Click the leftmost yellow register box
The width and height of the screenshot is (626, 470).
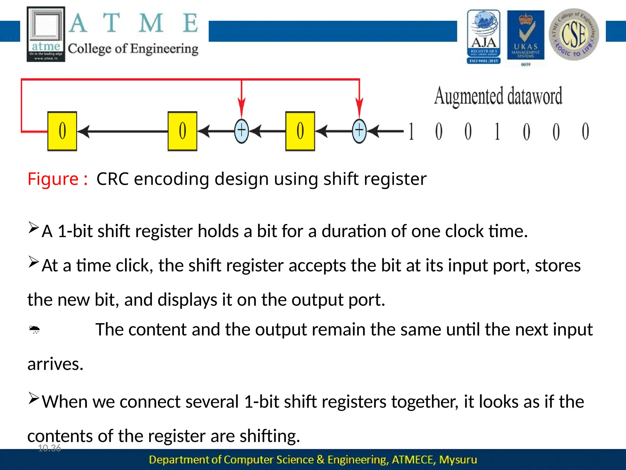click(x=62, y=131)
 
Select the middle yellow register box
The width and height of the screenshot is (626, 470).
click(x=182, y=131)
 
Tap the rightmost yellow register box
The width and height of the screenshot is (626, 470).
click(x=300, y=131)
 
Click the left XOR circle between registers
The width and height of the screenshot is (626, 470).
click(x=241, y=131)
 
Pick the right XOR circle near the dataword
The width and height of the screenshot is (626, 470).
click(x=359, y=131)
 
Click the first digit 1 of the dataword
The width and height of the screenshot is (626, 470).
click(x=411, y=132)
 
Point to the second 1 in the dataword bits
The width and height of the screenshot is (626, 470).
click(x=497, y=132)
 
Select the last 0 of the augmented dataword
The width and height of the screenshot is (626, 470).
click(x=585, y=132)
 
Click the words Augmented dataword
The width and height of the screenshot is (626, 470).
click(x=498, y=96)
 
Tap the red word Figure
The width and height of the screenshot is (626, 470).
click(x=53, y=179)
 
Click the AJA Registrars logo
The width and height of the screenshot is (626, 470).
click(x=484, y=37)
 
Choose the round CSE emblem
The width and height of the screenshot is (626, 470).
click(x=574, y=34)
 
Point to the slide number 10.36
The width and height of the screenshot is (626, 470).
click(x=50, y=448)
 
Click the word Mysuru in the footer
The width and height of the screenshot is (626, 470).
click(x=458, y=460)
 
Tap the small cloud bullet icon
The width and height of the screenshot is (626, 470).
click(x=34, y=330)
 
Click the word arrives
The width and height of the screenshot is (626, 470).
click(x=55, y=364)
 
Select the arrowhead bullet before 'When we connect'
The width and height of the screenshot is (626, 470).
click(x=34, y=398)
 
